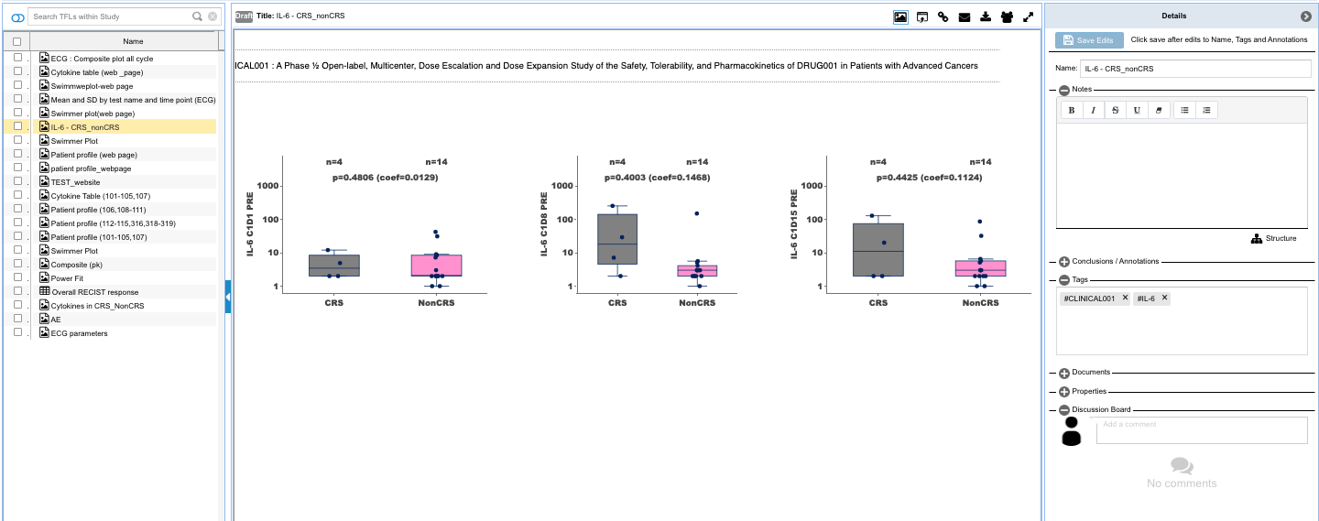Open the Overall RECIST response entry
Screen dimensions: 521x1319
click(x=94, y=292)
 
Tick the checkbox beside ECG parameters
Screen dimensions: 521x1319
click(x=17, y=332)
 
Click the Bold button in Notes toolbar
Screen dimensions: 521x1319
click(x=1072, y=110)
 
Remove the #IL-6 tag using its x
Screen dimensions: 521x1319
click(x=1165, y=298)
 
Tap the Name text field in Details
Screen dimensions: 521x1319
click(x=1195, y=69)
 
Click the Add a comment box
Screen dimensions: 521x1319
click(x=1202, y=430)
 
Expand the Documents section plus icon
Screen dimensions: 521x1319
click(x=1064, y=374)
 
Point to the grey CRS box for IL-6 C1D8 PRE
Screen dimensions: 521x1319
click(x=617, y=239)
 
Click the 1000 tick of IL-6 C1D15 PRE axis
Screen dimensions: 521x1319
click(x=812, y=186)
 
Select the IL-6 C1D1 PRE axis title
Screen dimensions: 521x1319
click(x=249, y=224)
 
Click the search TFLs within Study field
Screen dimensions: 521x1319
click(x=110, y=16)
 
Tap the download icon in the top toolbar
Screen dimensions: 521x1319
click(x=986, y=16)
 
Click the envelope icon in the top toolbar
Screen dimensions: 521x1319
click(x=965, y=16)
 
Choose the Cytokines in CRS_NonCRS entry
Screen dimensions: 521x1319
click(x=97, y=306)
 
